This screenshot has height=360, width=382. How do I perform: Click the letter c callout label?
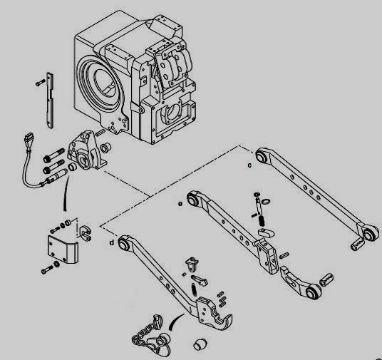coord(249,165)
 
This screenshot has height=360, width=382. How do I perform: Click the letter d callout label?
coord(113,243)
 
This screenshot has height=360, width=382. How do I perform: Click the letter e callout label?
coord(180,203)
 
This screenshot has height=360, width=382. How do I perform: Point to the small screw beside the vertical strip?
coord(36,86)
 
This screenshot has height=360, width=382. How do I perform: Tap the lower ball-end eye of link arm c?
coord(370,234)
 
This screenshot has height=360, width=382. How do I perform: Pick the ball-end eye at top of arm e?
coord(193,195)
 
